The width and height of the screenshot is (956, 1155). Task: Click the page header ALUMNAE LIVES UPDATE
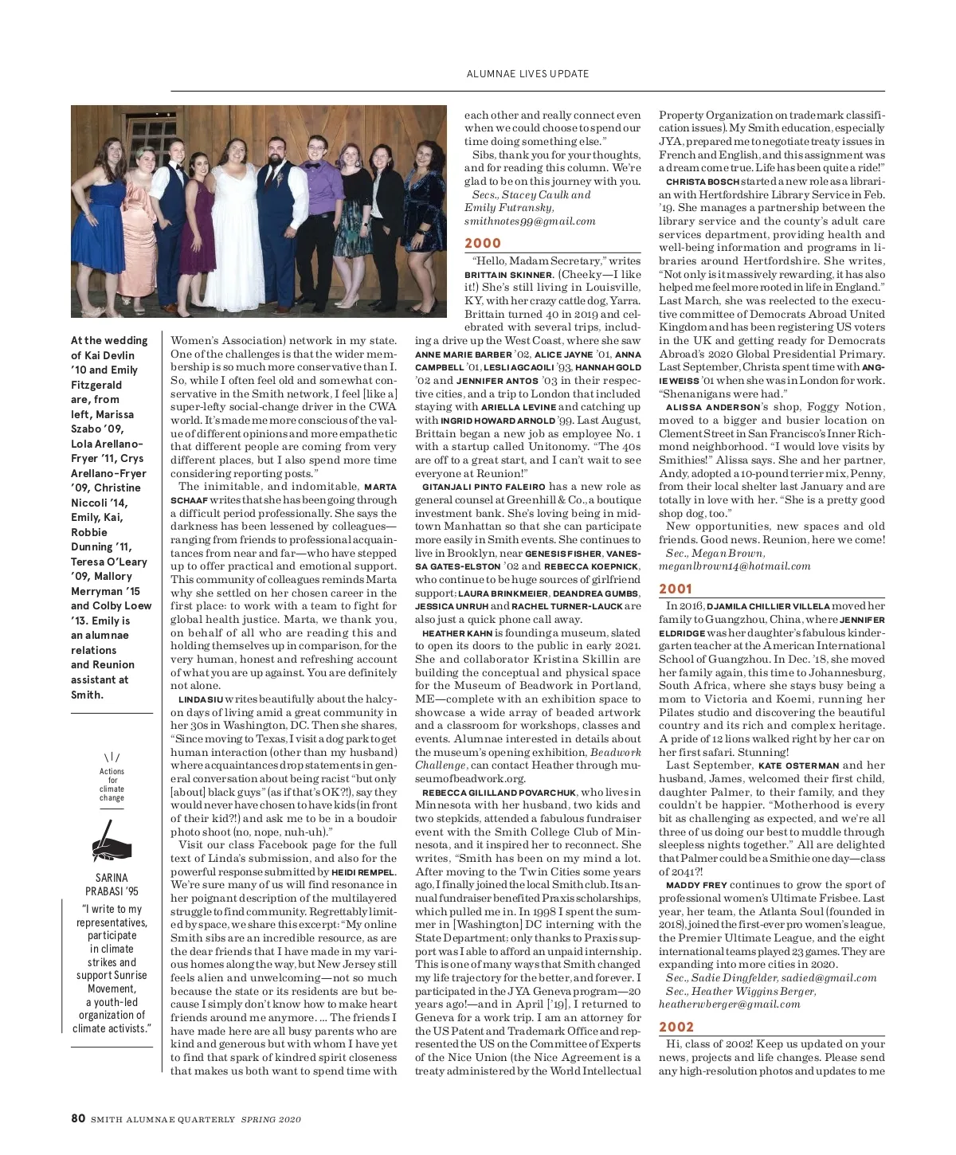click(x=527, y=74)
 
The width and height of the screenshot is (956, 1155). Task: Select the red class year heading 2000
click(x=483, y=244)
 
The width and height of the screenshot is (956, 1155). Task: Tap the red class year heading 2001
click(x=676, y=589)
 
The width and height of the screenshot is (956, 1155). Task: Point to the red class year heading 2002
click(x=676, y=1028)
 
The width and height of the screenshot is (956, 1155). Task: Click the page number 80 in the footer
click(x=78, y=1118)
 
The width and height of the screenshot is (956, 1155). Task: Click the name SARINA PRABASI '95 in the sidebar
click(x=112, y=884)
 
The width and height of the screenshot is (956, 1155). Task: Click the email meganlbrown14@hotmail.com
click(x=735, y=566)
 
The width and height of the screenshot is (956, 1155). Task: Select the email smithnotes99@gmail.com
click(x=530, y=221)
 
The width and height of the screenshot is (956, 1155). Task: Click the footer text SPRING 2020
click(x=271, y=1119)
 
